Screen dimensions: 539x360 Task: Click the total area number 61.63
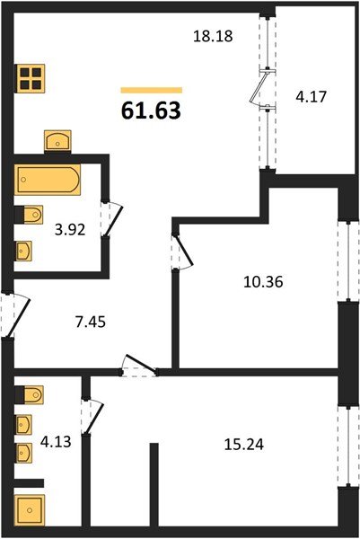[x=151, y=111]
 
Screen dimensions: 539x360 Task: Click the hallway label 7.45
[x=83, y=318]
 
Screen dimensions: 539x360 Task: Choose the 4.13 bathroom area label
[x=56, y=441]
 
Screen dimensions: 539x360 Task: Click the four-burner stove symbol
[x=31, y=77]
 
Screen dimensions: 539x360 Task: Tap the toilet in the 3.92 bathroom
[x=30, y=216]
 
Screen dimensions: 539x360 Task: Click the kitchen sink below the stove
[x=58, y=140]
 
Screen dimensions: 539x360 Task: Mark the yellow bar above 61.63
[x=151, y=90]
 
